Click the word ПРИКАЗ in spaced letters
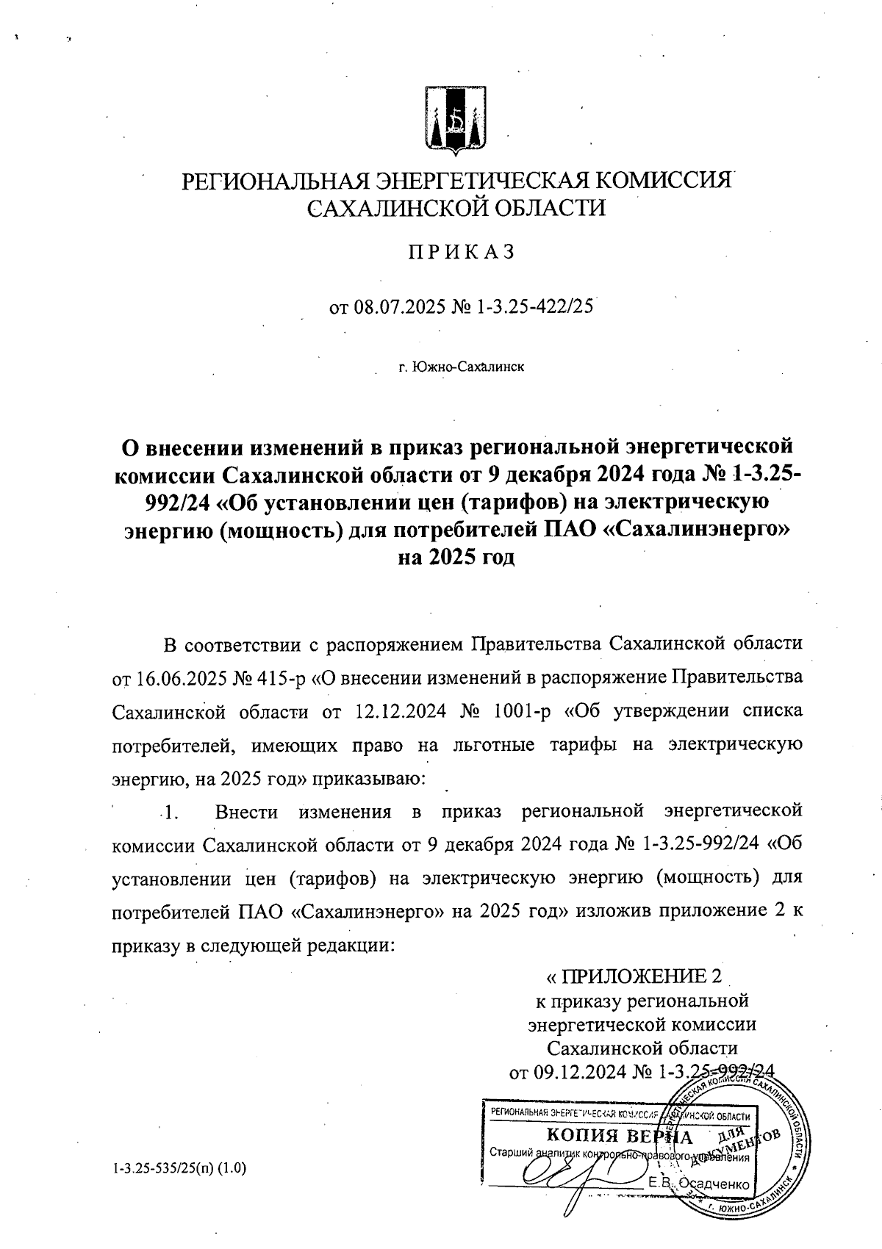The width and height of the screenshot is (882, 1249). [x=461, y=252]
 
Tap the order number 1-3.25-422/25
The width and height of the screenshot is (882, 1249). [x=534, y=306]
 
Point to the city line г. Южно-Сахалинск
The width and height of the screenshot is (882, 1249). [x=461, y=365]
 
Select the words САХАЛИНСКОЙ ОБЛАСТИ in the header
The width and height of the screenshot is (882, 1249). [x=456, y=208]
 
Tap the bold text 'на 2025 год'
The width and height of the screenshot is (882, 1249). [x=456, y=558]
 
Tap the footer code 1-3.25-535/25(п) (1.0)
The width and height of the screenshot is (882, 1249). [x=179, y=1167]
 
